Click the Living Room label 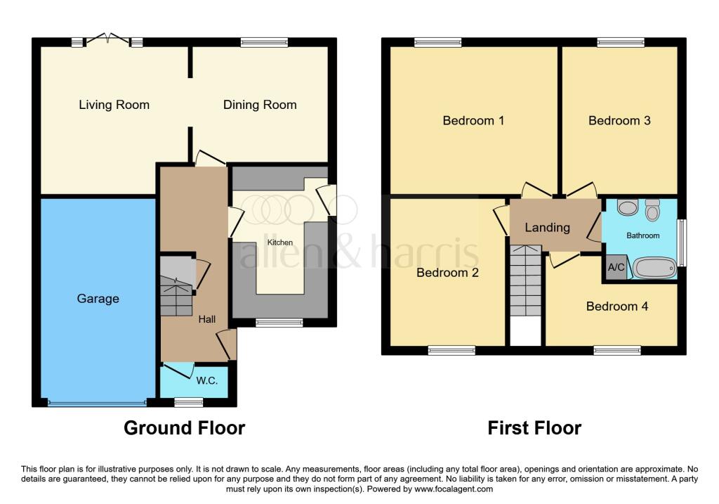tap(114, 105)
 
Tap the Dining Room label tap(260, 105)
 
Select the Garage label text tap(98, 299)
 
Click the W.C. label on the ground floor tap(207, 381)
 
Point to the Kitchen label tap(280, 243)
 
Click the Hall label tap(206, 319)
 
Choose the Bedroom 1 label tap(473, 121)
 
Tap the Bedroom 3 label tap(619, 121)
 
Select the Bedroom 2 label tap(447, 273)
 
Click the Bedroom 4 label tap(617, 306)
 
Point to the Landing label tap(548, 228)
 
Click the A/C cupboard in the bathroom tap(616, 268)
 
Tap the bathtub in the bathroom tap(654, 267)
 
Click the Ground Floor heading tap(185, 427)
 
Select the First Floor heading tap(534, 427)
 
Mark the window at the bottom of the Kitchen tap(279, 323)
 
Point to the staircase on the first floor tap(525, 281)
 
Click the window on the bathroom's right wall tap(681, 243)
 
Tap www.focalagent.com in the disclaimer tap(454, 489)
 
